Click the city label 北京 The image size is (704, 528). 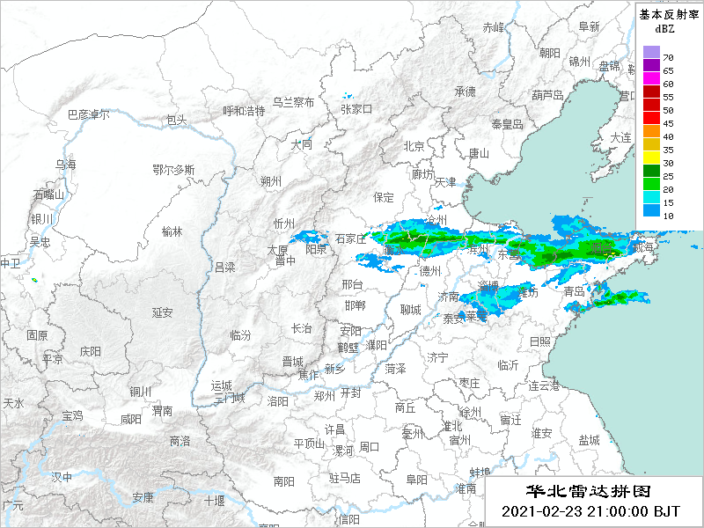click(x=414, y=146)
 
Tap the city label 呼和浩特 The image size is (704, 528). click(x=244, y=111)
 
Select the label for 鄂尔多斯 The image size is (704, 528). click(x=173, y=169)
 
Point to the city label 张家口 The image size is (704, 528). click(x=356, y=109)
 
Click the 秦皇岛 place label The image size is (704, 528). click(x=507, y=125)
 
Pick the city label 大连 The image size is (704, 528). click(x=621, y=138)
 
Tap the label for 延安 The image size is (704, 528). click(x=162, y=312)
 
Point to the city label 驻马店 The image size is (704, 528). click(x=346, y=478)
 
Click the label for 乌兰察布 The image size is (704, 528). click(x=293, y=102)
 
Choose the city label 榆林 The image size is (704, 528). click(x=172, y=231)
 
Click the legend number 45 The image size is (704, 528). click(x=668, y=123)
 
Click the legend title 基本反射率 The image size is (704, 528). click(x=668, y=14)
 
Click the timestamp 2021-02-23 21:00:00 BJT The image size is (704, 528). click(x=590, y=511)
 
